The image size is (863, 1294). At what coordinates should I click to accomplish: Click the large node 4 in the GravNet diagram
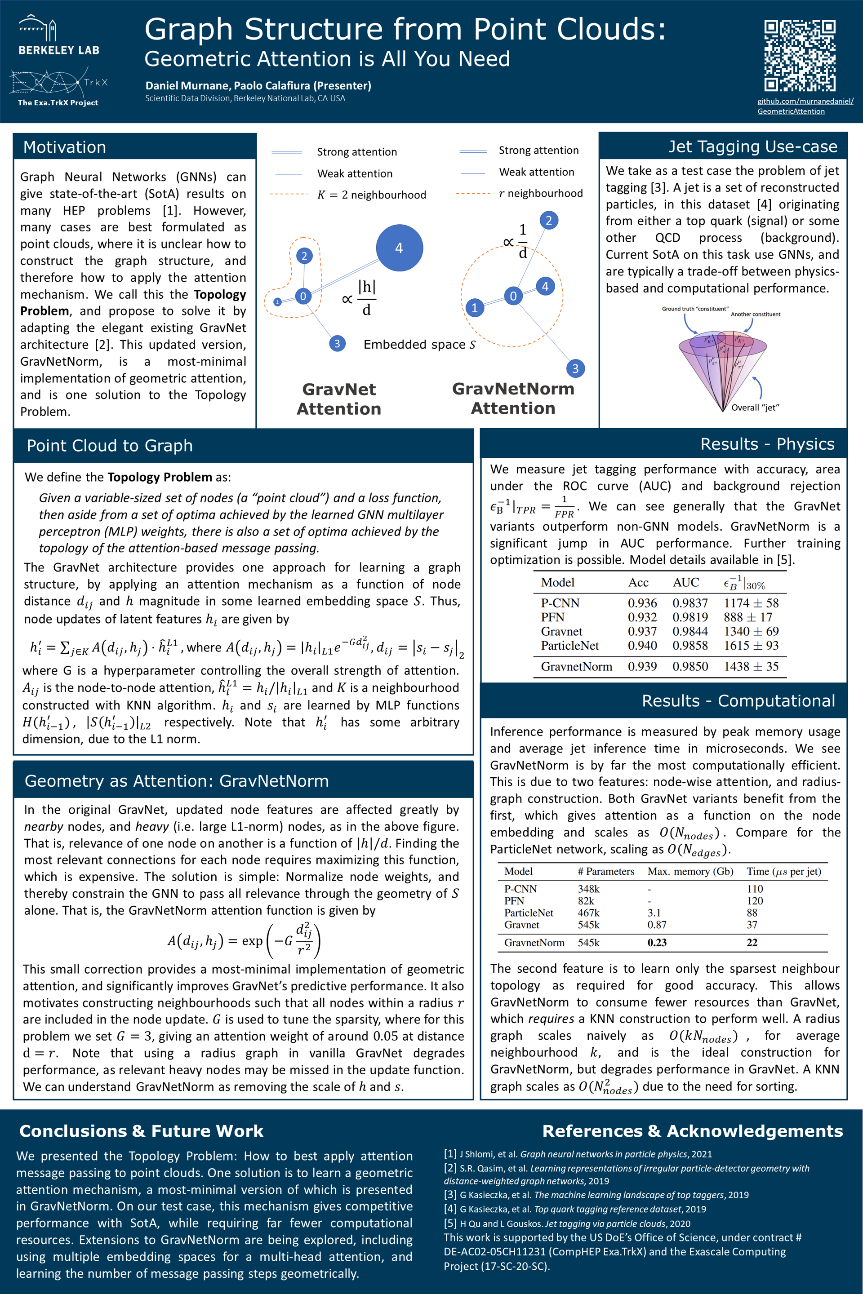pyautogui.click(x=399, y=248)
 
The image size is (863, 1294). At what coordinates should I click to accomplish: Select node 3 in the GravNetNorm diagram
pyautogui.click(x=575, y=368)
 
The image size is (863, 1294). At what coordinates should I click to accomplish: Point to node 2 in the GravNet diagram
pyautogui.click(x=304, y=256)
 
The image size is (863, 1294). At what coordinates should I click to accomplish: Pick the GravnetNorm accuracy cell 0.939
pyautogui.click(x=642, y=667)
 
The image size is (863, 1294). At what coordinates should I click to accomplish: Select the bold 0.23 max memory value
pyautogui.click(x=657, y=943)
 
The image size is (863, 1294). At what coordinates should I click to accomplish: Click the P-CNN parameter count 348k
pyautogui.click(x=588, y=889)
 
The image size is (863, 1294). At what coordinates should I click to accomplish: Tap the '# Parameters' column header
pyautogui.click(x=605, y=872)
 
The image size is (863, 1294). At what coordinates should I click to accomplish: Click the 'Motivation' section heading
pyautogui.click(x=64, y=147)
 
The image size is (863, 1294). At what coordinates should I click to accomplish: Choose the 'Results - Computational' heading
pyautogui.click(x=738, y=701)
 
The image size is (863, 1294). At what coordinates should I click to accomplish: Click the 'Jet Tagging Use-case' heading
pyautogui.click(x=752, y=146)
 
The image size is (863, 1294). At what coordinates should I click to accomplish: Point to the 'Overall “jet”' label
pyautogui.click(x=755, y=408)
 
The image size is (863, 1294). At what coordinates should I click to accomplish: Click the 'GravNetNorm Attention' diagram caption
pyautogui.click(x=513, y=399)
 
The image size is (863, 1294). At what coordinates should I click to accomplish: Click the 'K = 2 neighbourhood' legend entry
pyautogui.click(x=372, y=195)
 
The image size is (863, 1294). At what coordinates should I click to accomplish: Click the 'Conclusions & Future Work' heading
pyautogui.click(x=142, y=1131)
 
